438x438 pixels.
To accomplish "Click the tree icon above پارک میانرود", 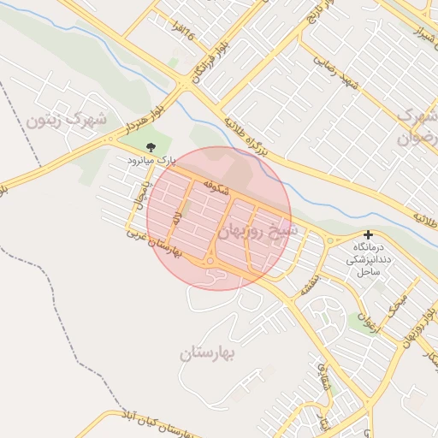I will point(152,147).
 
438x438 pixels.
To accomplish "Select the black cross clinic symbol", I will point(368,234).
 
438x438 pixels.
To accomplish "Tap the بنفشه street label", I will point(309,283).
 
